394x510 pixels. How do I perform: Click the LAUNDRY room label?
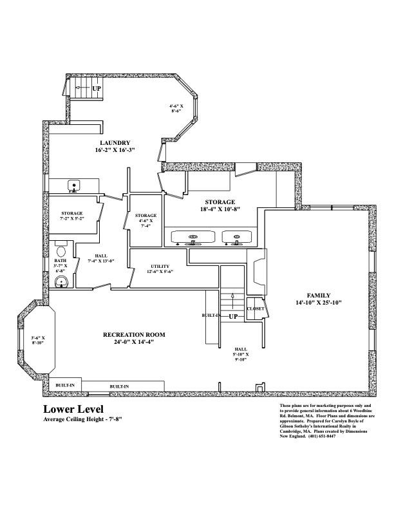[115, 142]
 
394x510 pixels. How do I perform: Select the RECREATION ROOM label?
[135, 335]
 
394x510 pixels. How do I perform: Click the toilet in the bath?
[62, 250]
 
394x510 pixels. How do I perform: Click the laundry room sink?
[74, 187]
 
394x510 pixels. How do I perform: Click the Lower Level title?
[72, 409]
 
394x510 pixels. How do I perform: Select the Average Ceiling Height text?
[82, 419]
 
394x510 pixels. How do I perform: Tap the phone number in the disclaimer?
[324, 436]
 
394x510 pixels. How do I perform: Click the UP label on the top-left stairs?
[97, 88]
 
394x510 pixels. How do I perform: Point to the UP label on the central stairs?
[233, 317]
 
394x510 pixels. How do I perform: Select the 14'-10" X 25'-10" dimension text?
[317, 302]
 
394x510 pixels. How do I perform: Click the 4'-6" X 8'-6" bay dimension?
[176, 108]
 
